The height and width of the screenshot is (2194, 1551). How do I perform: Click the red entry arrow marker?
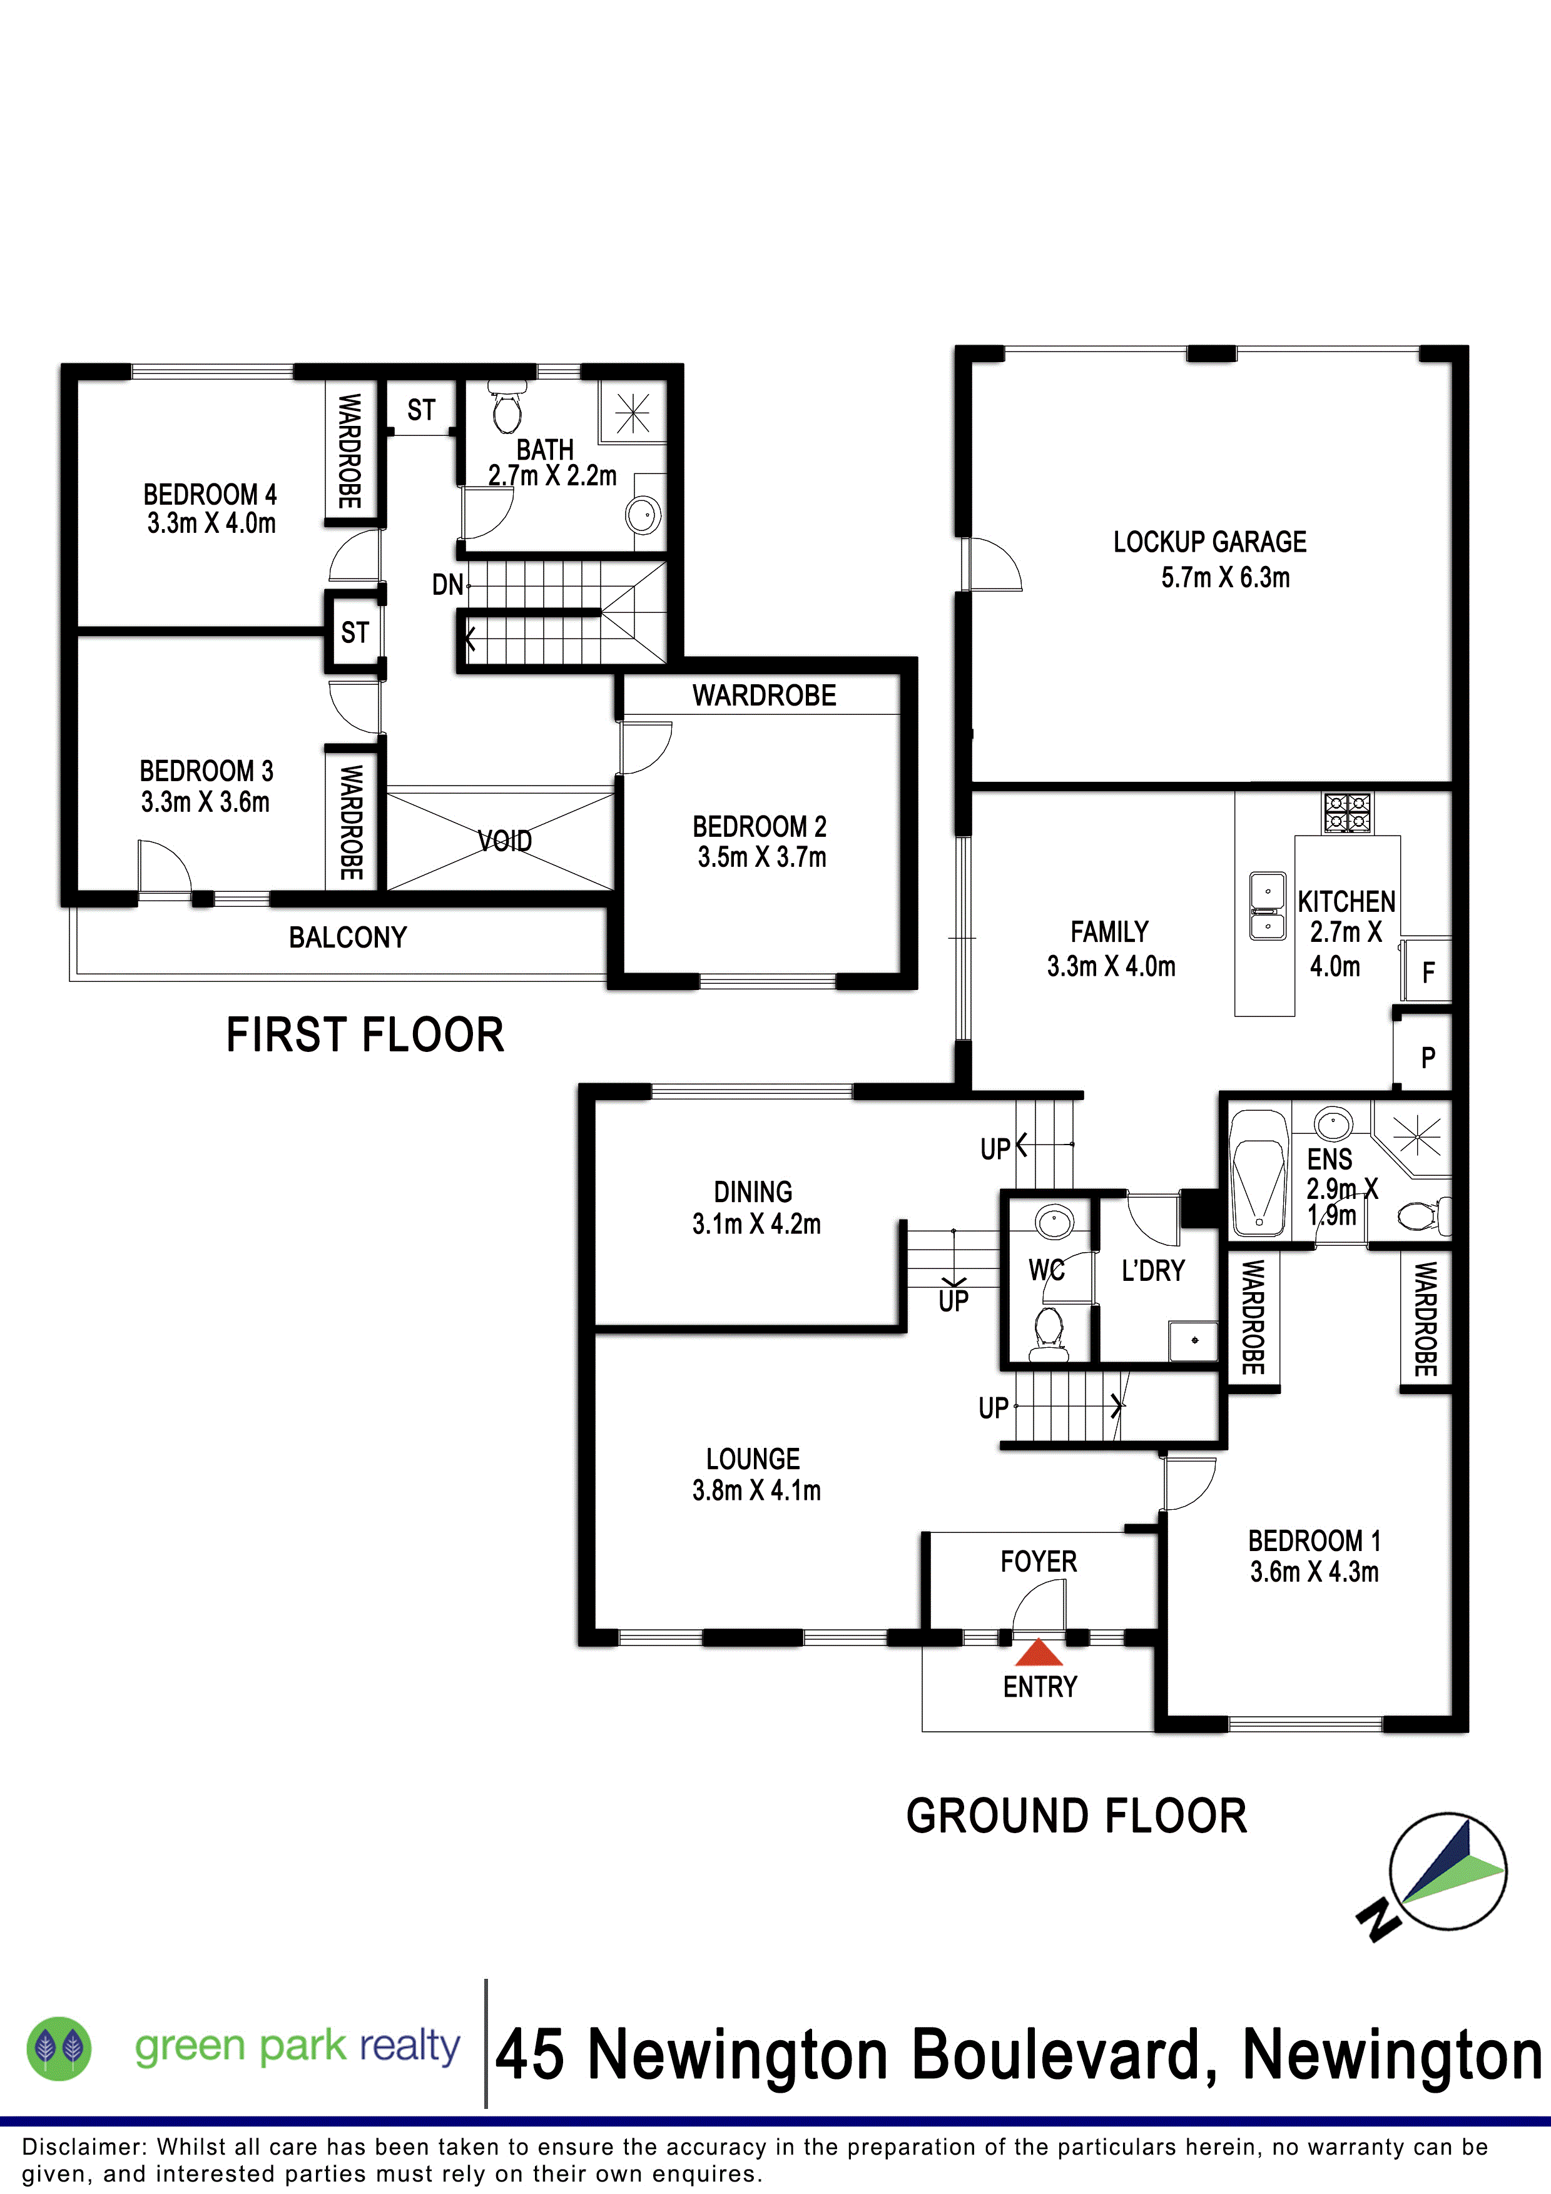(1039, 1652)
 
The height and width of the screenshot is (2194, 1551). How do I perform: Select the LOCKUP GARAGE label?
(1210, 542)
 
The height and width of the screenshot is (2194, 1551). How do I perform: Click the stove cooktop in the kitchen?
(1348, 812)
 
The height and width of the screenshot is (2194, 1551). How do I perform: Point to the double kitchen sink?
(1268, 905)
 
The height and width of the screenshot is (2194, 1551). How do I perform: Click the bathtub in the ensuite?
(1259, 1173)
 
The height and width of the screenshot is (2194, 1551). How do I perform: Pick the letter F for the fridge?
(1428, 973)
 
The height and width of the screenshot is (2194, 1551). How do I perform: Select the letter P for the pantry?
(1428, 1058)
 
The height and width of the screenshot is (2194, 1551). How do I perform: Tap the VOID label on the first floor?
(504, 841)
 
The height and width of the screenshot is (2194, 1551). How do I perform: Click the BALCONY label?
(348, 938)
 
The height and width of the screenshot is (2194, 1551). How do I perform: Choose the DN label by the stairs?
(447, 585)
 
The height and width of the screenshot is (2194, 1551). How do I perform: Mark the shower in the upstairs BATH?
(632, 413)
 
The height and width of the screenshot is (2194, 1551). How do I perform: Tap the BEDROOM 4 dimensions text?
(211, 523)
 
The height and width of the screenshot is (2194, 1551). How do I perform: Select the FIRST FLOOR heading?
(365, 1035)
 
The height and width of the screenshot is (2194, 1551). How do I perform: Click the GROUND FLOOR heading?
(1077, 1816)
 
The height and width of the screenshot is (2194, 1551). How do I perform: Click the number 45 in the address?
(531, 2055)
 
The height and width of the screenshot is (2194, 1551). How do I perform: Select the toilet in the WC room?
(1049, 1333)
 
